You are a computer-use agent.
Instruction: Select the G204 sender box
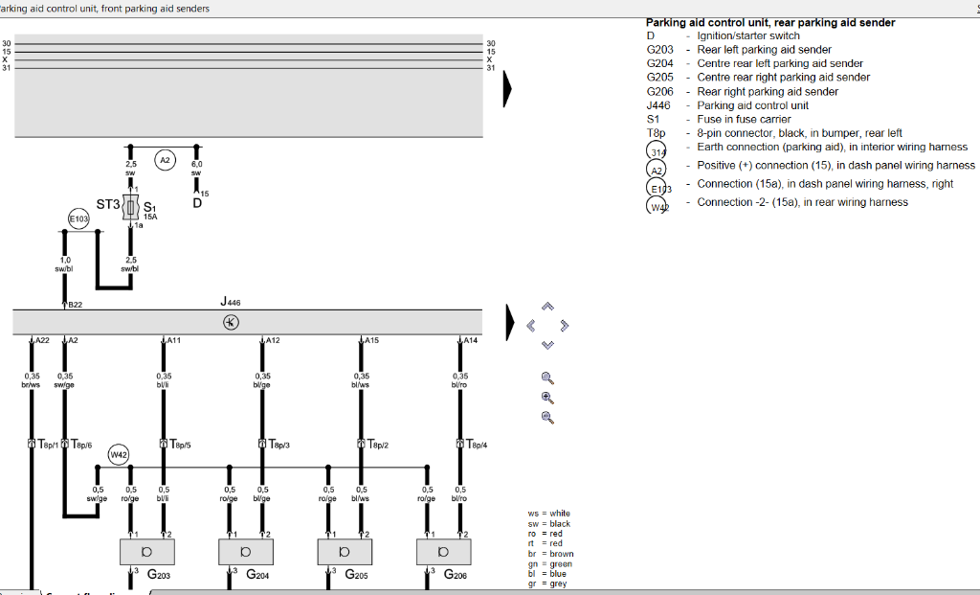pyautogui.click(x=247, y=552)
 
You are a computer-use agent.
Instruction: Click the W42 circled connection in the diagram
pyautogui.click(x=119, y=454)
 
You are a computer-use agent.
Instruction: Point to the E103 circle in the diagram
pyautogui.click(x=78, y=219)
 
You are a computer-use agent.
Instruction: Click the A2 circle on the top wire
pyautogui.click(x=165, y=161)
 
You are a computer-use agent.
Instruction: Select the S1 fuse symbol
pyautogui.click(x=132, y=206)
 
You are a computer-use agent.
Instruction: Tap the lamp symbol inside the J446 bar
pyautogui.click(x=231, y=322)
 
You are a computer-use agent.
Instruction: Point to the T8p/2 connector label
pyautogui.click(x=380, y=445)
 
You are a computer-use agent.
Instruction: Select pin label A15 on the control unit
pyautogui.click(x=371, y=340)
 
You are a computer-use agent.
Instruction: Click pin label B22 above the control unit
pyautogui.click(x=74, y=305)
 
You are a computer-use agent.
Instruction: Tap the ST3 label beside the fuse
pyautogui.click(x=107, y=204)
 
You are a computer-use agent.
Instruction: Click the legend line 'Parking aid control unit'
pyautogui.click(x=752, y=105)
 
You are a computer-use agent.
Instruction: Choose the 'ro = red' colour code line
pyautogui.click(x=546, y=534)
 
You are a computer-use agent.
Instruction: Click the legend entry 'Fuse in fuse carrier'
pyautogui.click(x=744, y=119)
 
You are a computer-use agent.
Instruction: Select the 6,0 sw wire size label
pyautogui.click(x=196, y=169)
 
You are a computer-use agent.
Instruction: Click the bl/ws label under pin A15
pyautogui.click(x=361, y=385)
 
